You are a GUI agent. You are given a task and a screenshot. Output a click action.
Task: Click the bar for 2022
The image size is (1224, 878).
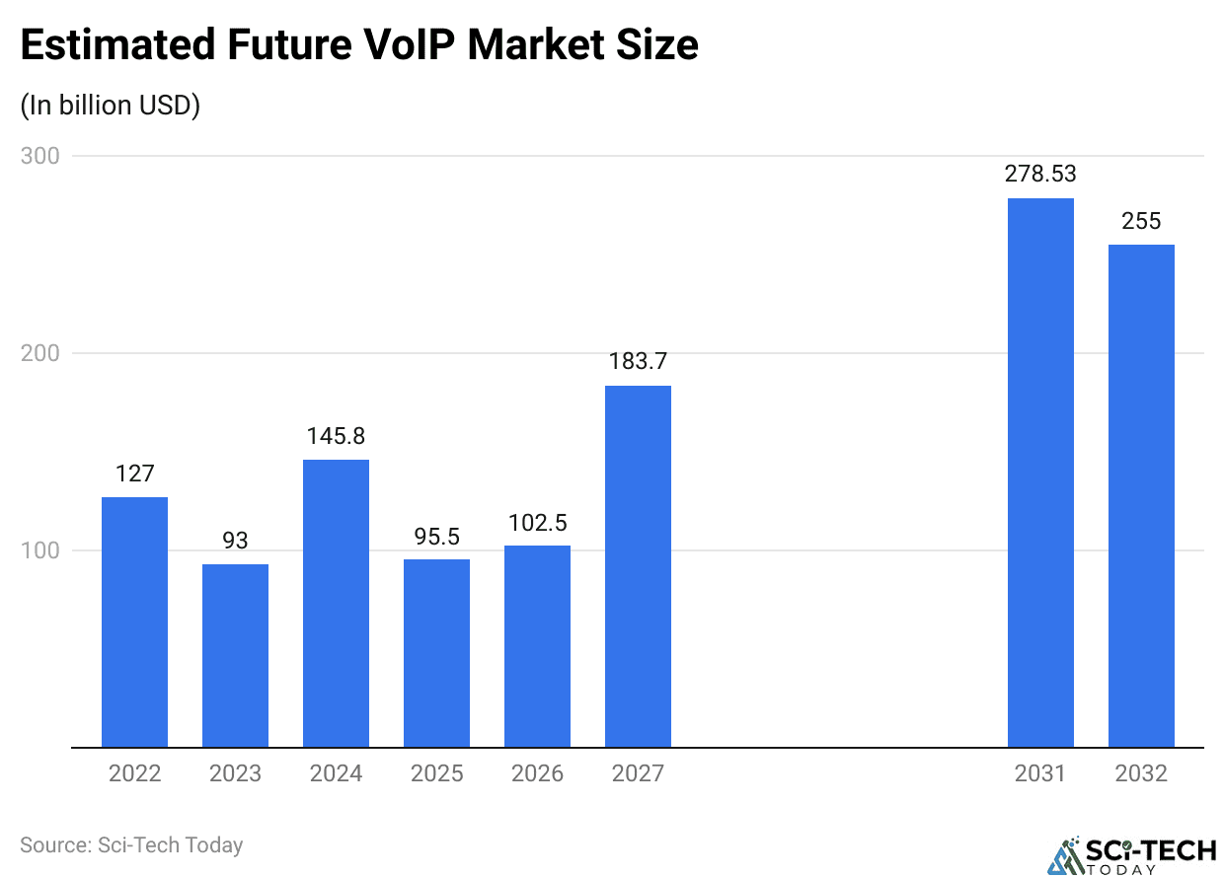click(134, 622)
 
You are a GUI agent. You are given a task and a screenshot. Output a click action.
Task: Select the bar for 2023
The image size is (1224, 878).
click(235, 655)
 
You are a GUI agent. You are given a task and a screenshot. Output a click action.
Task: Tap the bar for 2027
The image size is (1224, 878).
click(638, 566)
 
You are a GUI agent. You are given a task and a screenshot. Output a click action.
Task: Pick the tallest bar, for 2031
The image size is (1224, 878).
click(1040, 473)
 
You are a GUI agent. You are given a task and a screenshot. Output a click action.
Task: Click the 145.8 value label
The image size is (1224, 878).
click(336, 436)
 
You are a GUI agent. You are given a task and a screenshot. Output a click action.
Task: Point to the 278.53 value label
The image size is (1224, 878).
click(1040, 175)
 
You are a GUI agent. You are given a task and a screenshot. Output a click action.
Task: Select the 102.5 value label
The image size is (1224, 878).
click(537, 522)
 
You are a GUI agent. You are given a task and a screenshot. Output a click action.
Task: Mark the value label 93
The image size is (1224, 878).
click(235, 541)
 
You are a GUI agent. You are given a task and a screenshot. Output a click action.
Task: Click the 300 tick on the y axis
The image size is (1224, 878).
click(40, 156)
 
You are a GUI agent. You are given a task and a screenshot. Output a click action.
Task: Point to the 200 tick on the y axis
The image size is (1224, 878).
click(40, 353)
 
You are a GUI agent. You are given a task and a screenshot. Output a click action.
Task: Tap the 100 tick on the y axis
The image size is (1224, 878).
click(40, 550)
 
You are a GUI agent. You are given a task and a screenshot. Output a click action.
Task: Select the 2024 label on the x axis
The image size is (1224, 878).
click(336, 773)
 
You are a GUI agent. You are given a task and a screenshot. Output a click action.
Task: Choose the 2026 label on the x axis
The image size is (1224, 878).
click(537, 773)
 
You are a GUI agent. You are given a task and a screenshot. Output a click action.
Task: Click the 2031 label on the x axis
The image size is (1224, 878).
click(1040, 773)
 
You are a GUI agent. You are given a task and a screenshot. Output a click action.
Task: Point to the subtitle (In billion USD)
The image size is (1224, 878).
click(111, 106)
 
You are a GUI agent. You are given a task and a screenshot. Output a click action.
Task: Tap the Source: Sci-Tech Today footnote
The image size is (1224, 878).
click(131, 845)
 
